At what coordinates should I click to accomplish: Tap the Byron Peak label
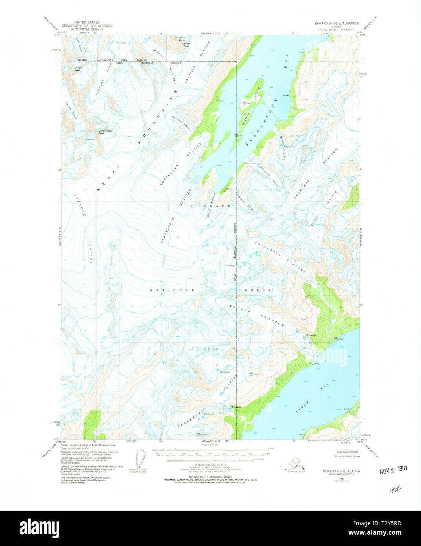pyautogui.click(x=78, y=69)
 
